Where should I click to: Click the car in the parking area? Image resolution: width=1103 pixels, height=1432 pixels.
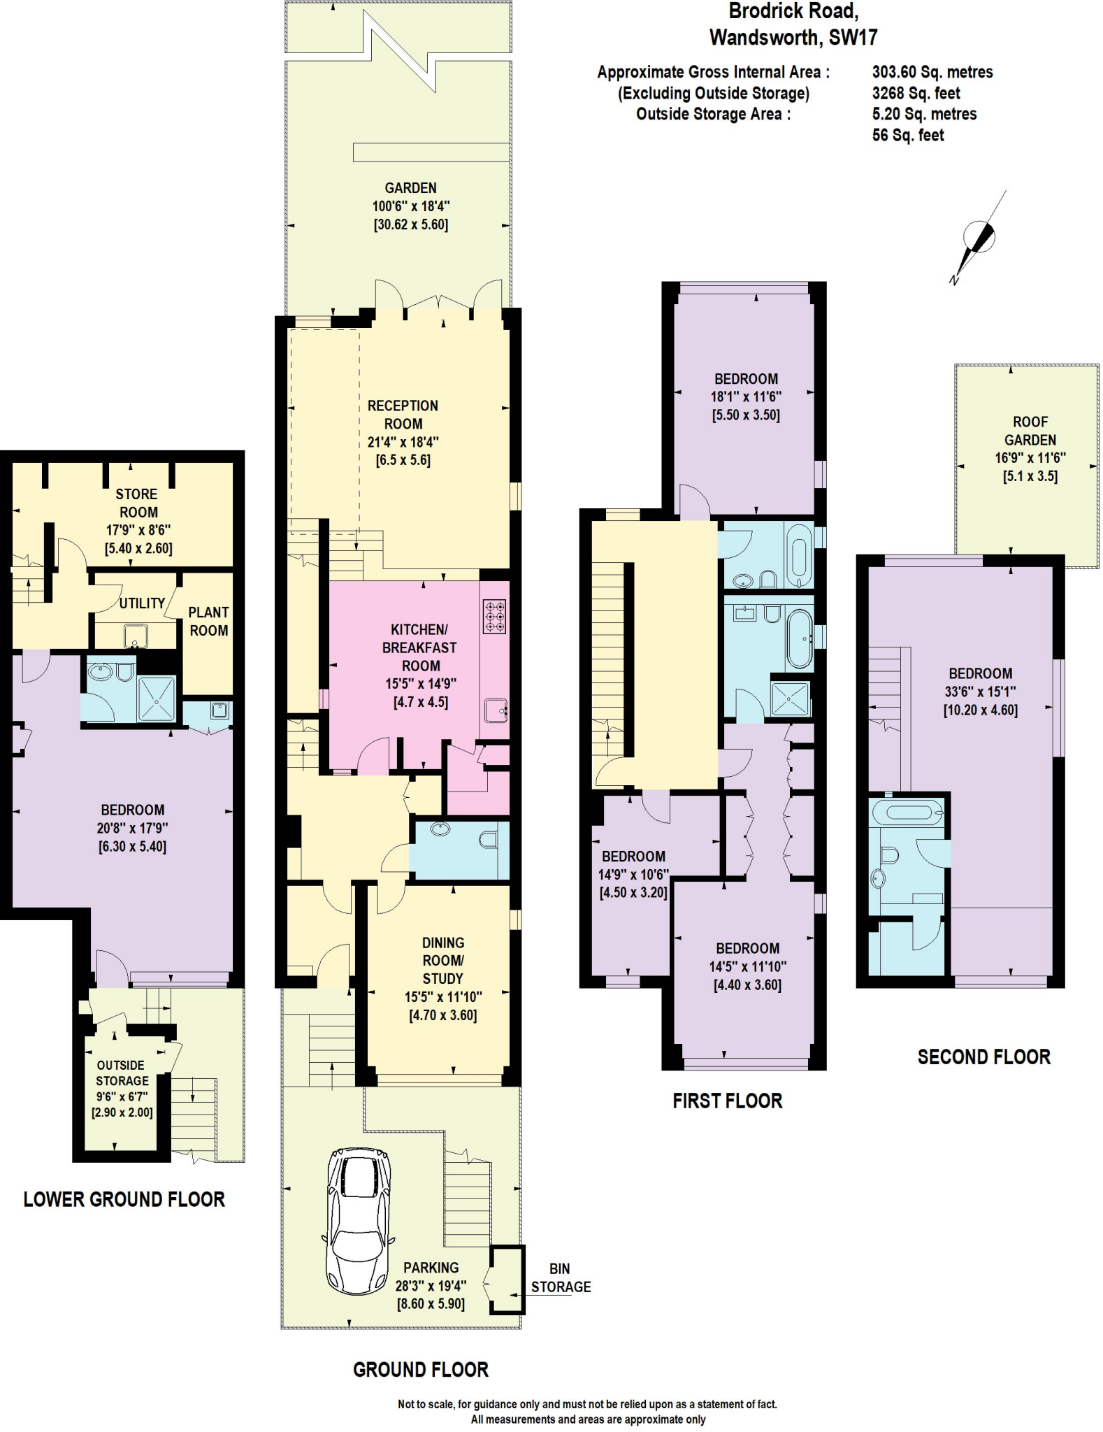359,1222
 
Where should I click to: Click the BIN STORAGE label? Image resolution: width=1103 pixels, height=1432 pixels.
561,1277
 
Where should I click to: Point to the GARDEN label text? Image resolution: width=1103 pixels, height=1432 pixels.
410,188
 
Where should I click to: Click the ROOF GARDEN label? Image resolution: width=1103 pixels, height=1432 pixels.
1030,431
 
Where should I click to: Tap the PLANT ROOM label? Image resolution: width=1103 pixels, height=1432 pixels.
208,621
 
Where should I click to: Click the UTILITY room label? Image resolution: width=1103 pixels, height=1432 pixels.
142,603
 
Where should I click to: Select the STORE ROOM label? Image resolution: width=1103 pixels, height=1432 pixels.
137,503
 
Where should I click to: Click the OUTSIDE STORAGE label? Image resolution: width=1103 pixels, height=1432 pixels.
121,1073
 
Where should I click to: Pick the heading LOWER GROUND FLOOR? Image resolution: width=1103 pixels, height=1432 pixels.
124,1200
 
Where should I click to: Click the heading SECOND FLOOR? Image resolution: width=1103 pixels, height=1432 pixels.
983,1057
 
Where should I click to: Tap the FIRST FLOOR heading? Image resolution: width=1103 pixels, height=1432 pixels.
727,1101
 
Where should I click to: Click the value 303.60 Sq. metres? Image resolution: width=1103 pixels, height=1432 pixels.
932,72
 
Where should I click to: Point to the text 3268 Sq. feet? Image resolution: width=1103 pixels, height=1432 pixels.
916,93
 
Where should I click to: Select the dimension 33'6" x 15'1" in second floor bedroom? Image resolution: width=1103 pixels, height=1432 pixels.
980,692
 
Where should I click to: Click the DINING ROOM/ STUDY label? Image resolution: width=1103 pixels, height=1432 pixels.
442,961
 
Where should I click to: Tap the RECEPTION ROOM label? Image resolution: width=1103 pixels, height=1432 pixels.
403,415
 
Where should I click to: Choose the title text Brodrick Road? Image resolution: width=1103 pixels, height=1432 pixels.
793,11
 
